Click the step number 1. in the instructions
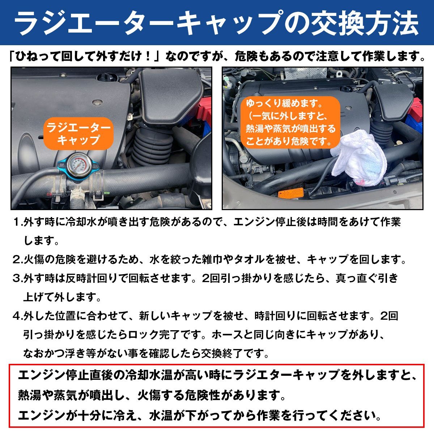18,222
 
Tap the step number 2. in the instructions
18,259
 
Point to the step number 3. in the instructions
18,278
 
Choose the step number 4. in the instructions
18,316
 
